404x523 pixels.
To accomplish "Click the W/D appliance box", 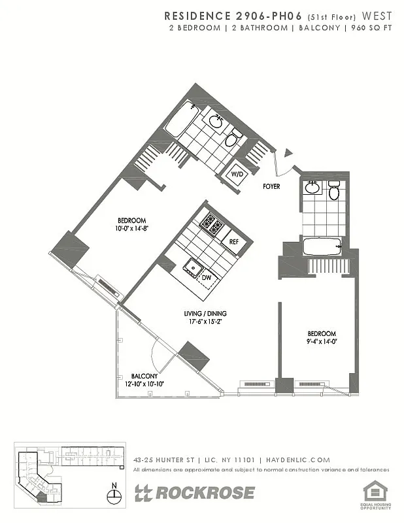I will tap(236, 175).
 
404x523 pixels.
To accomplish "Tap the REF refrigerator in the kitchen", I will tap(233, 241).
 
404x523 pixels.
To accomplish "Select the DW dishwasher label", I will tap(205, 277).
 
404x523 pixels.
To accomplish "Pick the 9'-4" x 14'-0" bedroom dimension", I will tap(322, 341).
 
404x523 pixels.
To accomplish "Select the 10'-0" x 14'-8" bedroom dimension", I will tap(132, 228).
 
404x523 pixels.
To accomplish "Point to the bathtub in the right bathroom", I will tap(322, 247).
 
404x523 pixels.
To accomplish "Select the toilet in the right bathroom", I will tap(334, 192).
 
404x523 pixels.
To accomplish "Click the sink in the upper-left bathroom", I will tap(216, 122).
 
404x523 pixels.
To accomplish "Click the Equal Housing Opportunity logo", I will tap(373, 493).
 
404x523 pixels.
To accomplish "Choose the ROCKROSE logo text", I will tap(203, 493).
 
